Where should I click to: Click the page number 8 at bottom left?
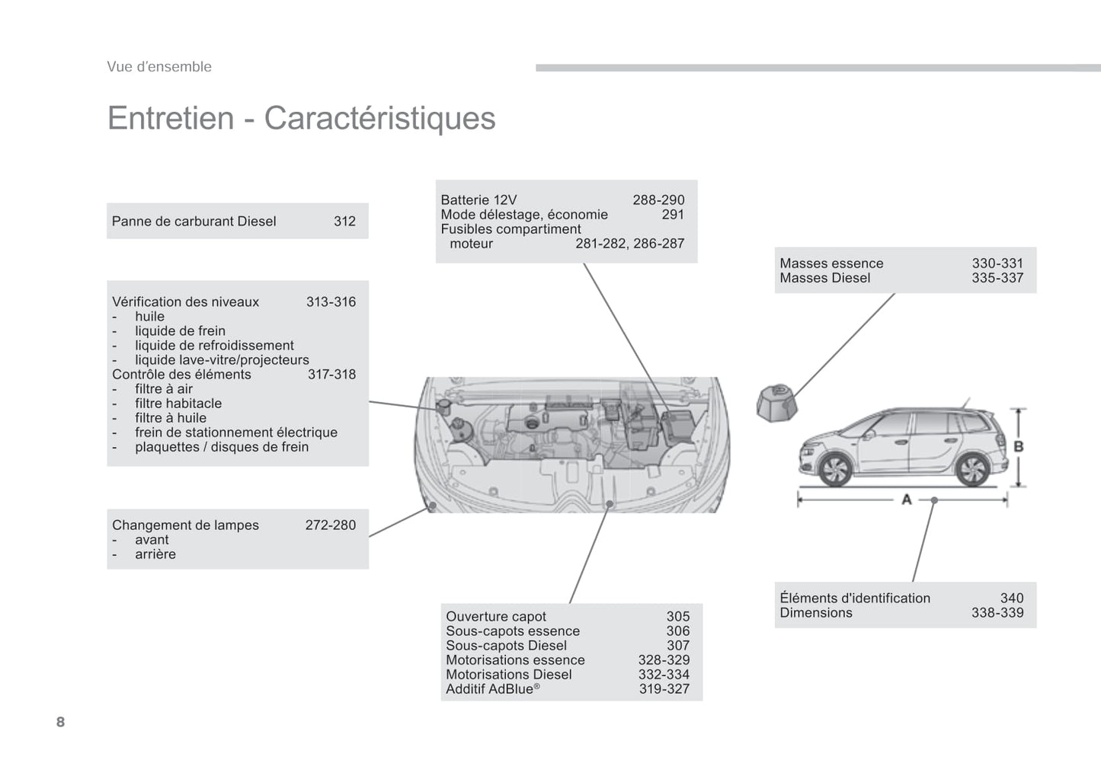pos(61,722)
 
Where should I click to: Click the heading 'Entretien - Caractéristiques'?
pos(301,118)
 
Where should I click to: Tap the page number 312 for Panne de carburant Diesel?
pos(344,222)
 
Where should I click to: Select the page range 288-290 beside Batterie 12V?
pos(658,200)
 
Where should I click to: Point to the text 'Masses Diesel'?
pos(824,278)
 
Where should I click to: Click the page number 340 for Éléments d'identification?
pos(1011,599)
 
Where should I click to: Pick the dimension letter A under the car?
pos(907,500)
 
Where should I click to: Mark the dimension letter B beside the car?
pos(1019,447)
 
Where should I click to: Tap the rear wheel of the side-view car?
pos(972,469)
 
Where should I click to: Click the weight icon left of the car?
pos(776,402)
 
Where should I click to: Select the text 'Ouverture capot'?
pos(496,617)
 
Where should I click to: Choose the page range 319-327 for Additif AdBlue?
pos(664,689)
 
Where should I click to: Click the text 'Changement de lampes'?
pos(185,525)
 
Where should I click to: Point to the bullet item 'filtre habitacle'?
pos(178,404)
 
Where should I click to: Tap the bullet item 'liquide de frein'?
pos(180,331)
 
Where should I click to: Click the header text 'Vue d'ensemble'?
pos(159,67)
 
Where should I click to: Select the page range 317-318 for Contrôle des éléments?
pos(331,375)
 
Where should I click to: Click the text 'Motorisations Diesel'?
pos(508,675)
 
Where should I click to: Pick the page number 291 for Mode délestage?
pos(673,215)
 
